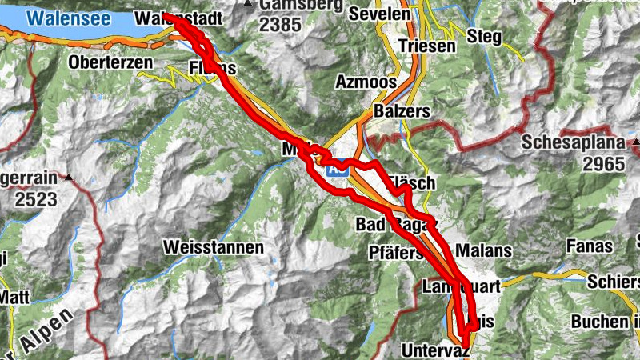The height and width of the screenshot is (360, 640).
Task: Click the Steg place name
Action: tap(484, 36)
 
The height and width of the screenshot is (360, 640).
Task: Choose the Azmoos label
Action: tap(366, 82)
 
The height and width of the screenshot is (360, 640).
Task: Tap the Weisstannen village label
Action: tap(213, 248)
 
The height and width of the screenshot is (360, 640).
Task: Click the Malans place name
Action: tap(483, 250)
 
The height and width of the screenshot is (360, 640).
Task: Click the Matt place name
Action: tap(14, 296)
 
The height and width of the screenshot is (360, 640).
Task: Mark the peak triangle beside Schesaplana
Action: tap(635, 143)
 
